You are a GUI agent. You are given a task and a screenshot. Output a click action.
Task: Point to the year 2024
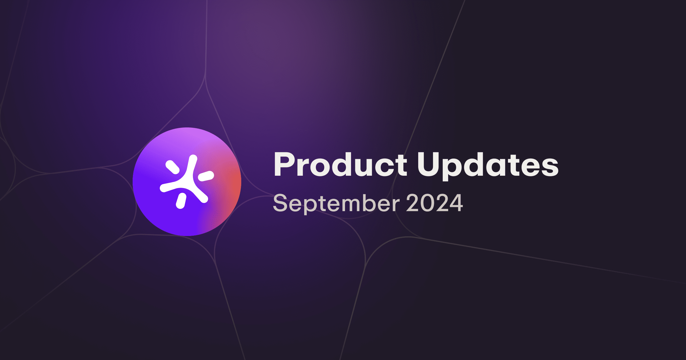coord(434,203)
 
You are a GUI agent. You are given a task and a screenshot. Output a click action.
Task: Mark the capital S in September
coord(280,203)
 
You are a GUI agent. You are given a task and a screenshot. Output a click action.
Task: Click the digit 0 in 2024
coord(427,203)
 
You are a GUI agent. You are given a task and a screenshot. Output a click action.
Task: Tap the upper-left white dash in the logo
coord(172,167)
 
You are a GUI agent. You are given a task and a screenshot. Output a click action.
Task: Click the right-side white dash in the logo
coord(206,176)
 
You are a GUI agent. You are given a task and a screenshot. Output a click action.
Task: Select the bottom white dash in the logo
coord(181,201)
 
